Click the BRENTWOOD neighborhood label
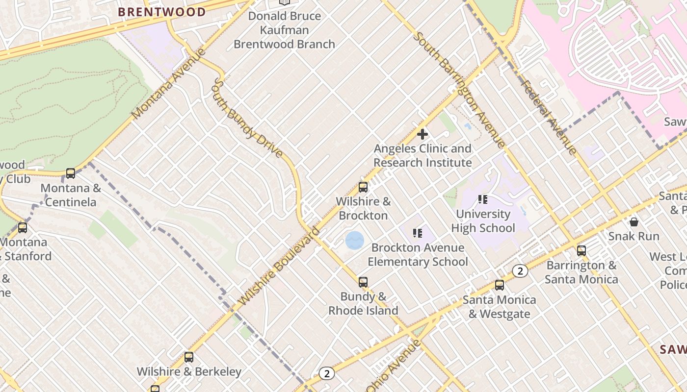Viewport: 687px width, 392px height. pyautogui.click(x=162, y=12)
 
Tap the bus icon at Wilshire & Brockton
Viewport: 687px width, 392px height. pyautogui.click(x=363, y=187)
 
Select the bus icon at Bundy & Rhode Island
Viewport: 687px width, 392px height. pyautogui.click(x=363, y=282)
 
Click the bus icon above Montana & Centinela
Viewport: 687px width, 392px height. pyautogui.click(x=71, y=173)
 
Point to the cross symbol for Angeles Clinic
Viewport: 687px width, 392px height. pyautogui.click(x=422, y=134)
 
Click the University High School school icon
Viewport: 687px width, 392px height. pyautogui.click(x=483, y=199)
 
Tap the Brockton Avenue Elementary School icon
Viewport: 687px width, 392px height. pyautogui.click(x=418, y=233)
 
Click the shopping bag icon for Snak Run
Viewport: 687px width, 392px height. pyautogui.click(x=634, y=222)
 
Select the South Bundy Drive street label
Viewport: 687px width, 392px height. pyautogui.click(x=247, y=118)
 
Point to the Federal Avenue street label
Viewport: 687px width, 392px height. pyautogui.click(x=549, y=117)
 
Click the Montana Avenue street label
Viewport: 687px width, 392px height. pyautogui.click(x=168, y=83)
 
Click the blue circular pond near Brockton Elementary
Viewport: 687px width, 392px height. pyautogui.click(x=355, y=241)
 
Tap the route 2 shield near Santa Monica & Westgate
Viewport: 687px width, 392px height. pyautogui.click(x=520, y=271)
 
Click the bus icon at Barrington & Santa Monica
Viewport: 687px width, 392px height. pyautogui.click(x=581, y=251)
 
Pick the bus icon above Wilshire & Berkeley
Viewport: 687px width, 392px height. pyautogui.click(x=189, y=357)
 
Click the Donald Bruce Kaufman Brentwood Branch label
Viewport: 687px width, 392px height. pyautogui.click(x=284, y=30)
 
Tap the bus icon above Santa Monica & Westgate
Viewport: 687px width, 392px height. pyautogui.click(x=500, y=285)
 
